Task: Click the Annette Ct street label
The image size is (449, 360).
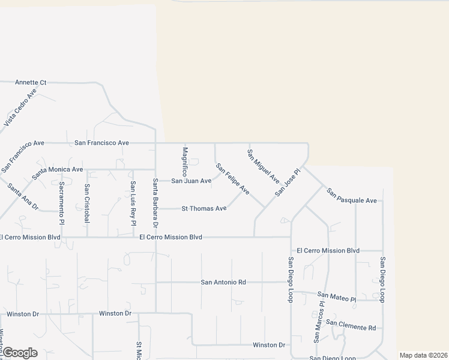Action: coord(31,82)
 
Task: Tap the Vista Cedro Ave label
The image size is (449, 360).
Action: coord(20,107)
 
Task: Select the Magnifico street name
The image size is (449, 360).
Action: coord(185,161)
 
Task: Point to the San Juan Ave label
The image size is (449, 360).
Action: coord(191,181)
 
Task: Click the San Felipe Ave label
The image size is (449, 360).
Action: coord(232,179)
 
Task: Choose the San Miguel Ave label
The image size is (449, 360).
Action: coord(264,166)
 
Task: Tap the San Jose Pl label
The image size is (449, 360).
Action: coord(287,182)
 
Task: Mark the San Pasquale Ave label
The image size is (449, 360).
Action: coord(352,196)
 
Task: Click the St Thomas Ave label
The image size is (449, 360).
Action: coord(204,209)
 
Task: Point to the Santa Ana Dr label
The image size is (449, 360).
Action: coord(23,197)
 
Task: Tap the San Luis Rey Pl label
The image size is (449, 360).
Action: coord(133,203)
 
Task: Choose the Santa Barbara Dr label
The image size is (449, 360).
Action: coord(155,203)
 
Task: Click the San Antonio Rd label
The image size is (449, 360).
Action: coord(223,282)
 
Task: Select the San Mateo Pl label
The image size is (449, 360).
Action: coord(337,296)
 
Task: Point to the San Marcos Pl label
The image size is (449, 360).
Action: coord(319,322)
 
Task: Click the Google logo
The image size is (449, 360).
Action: coord(20,352)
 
